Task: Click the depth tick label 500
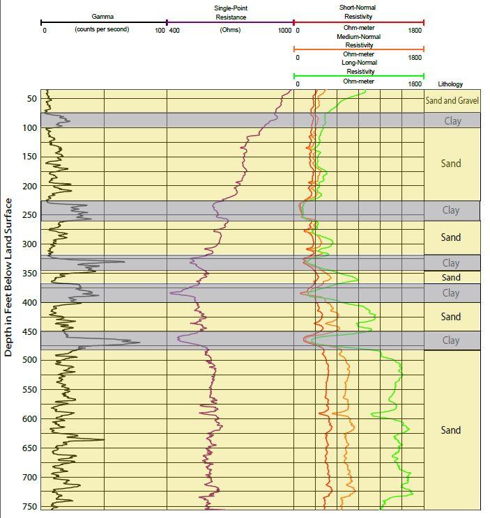29,360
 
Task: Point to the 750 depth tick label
29,507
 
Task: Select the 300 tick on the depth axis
29,244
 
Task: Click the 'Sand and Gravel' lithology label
452,101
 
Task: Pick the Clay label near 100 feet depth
452,121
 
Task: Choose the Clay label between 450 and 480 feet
451,340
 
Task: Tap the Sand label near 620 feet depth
451,430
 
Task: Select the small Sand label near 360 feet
451,278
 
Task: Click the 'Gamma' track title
102,16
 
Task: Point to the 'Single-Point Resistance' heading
230,13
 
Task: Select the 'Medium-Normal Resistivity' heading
358,41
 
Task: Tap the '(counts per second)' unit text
102,30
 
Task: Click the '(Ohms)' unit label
230,31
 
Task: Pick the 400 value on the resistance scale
174,31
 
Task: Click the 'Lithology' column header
450,84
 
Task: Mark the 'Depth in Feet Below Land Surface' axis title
9,277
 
